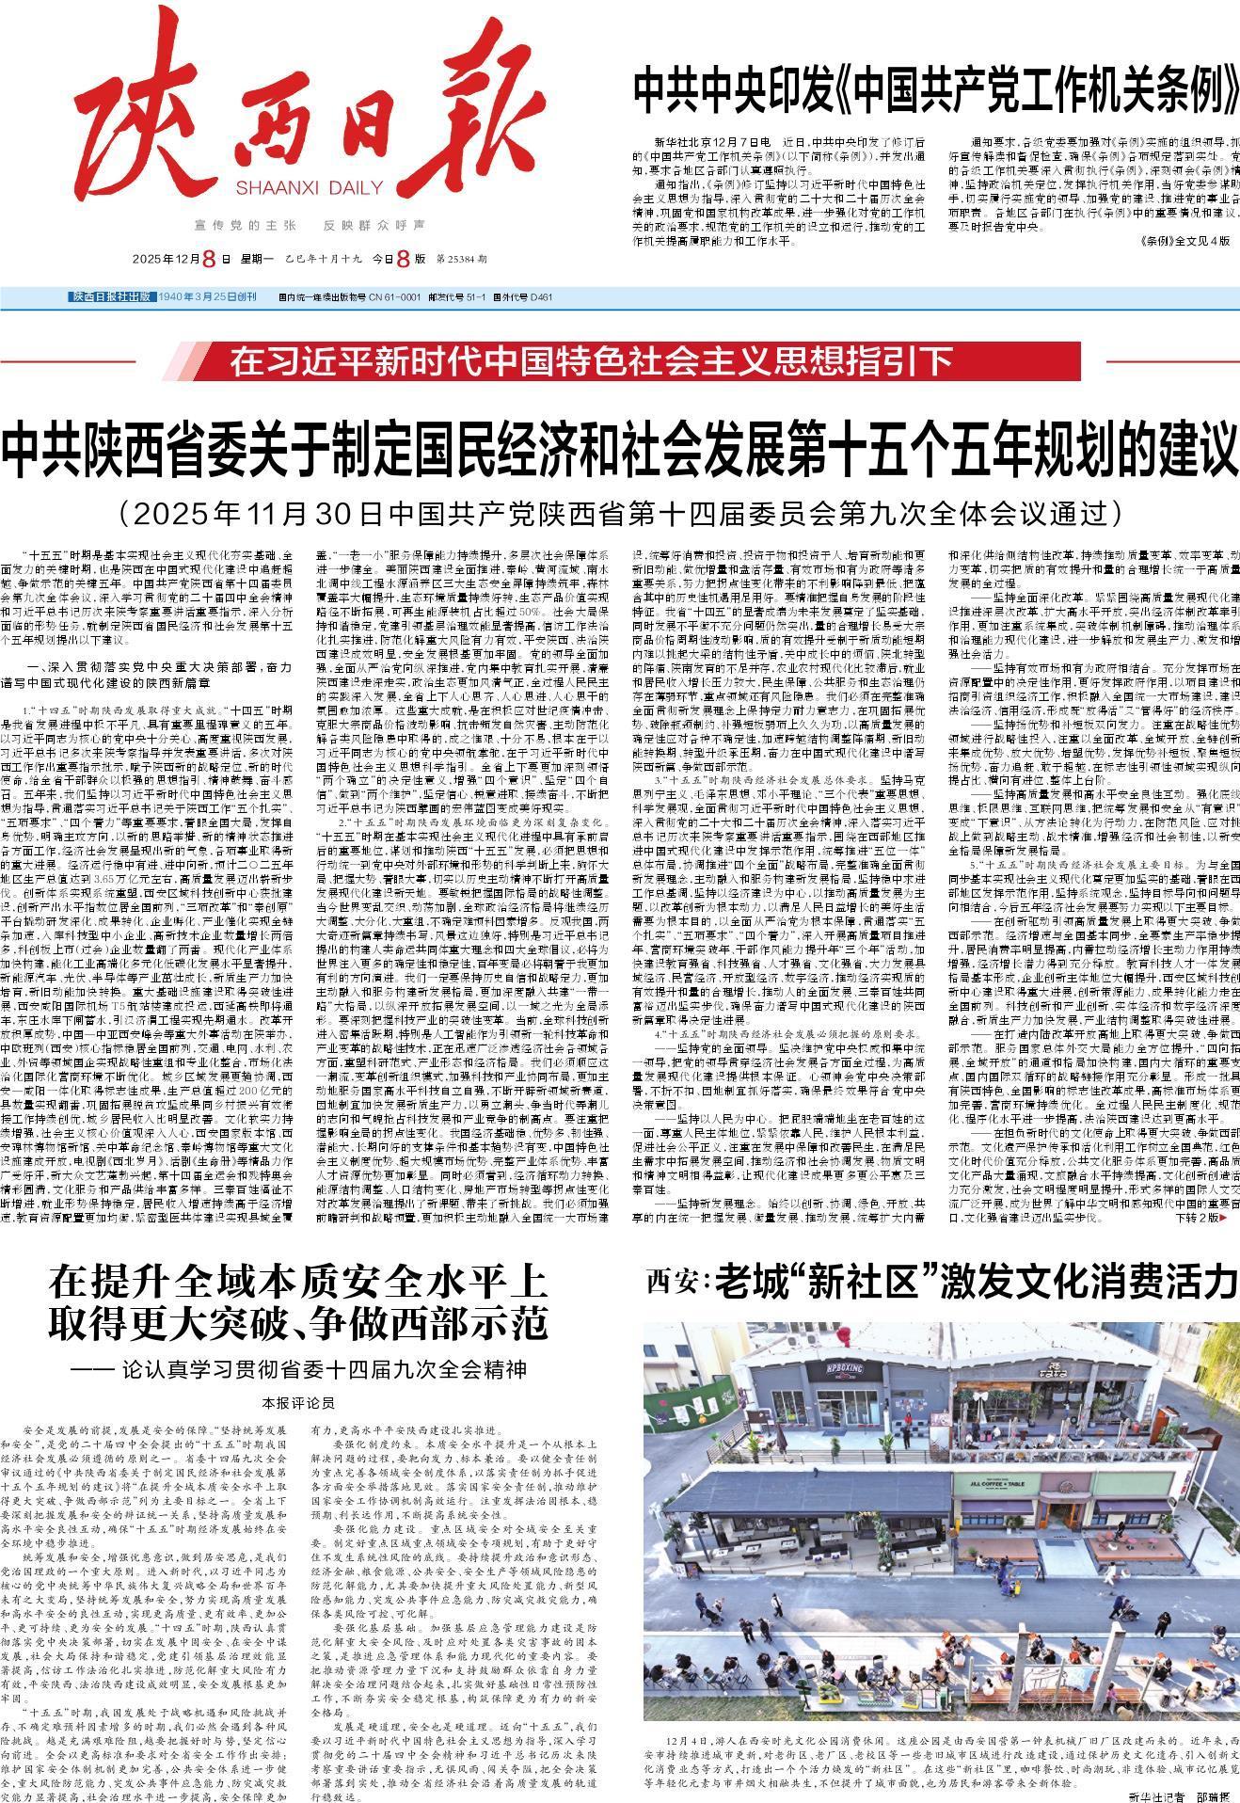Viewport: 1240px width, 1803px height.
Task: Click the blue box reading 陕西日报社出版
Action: [x=112, y=297]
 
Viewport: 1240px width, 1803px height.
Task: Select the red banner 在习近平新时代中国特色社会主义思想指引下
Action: [x=593, y=360]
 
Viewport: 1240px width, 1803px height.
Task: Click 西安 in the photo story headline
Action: [x=674, y=1282]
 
